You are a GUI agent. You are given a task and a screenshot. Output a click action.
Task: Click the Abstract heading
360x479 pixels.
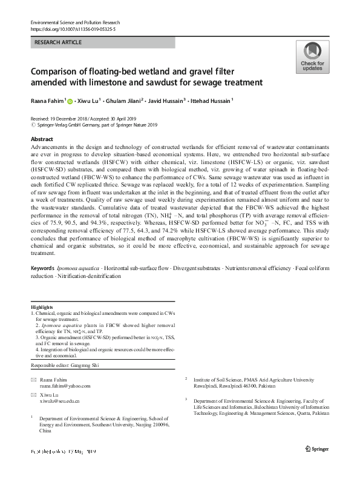tap(42, 139)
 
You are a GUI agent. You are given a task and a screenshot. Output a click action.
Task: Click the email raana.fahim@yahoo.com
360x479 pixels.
tap(65, 385)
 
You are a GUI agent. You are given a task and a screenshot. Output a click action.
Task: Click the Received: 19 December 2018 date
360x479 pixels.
tap(61, 119)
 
